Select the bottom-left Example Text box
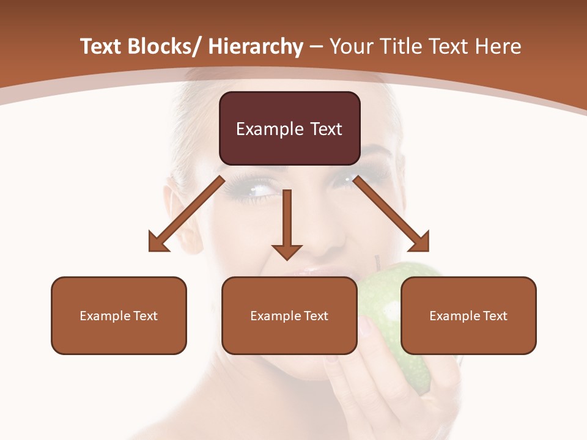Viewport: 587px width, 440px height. tap(119, 316)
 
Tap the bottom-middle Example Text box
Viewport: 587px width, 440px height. tap(289, 316)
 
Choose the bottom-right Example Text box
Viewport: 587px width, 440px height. tap(468, 316)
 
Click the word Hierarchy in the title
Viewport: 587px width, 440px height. tap(256, 46)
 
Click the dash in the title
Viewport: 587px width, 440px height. tap(316, 47)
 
